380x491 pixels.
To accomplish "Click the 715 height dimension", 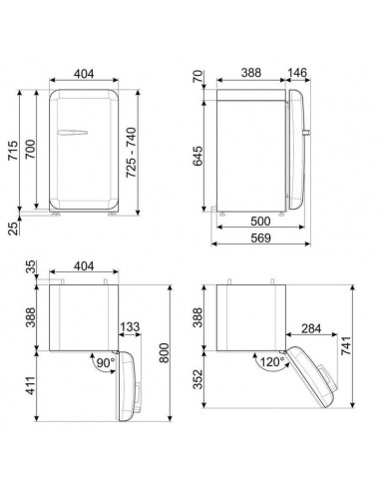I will (12, 151).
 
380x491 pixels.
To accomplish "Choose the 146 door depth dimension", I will (296, 75).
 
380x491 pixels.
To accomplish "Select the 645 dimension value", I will (199, 155).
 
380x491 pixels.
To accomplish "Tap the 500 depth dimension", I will (262, 221).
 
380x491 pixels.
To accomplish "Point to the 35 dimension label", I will (30, 267).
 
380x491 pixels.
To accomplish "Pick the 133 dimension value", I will (130, 326).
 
